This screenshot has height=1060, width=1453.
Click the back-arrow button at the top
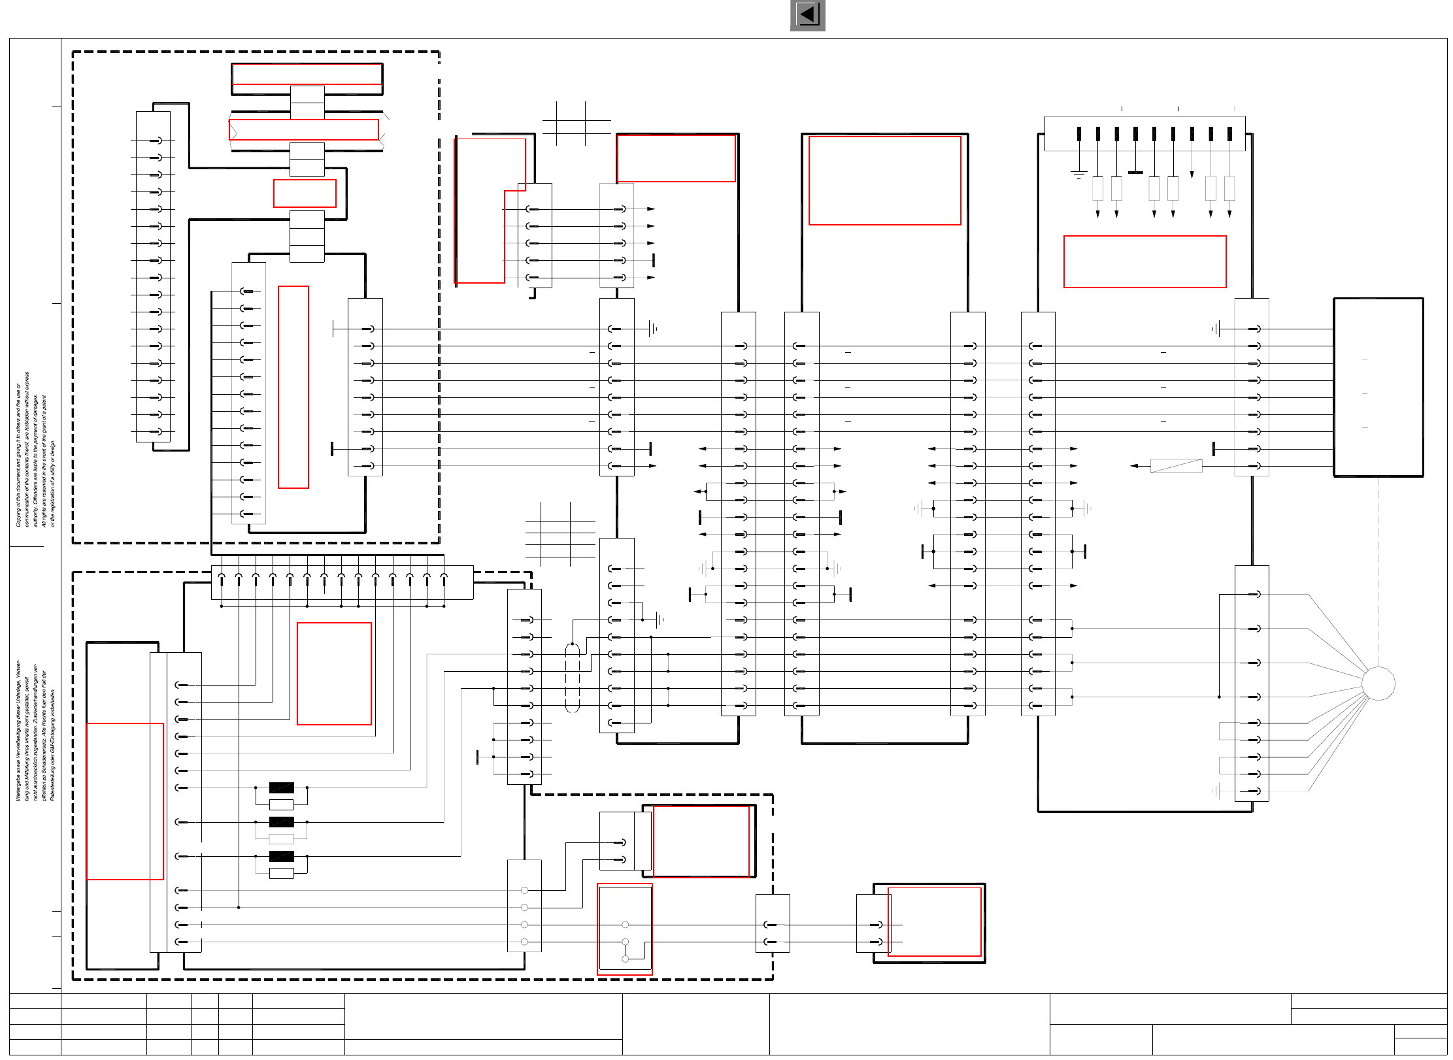(807, 15)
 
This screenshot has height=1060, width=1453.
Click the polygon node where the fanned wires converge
(1378, 684)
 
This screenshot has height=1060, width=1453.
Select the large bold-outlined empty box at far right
(1378, 387)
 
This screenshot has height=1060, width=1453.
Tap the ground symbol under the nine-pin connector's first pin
(1078, 174)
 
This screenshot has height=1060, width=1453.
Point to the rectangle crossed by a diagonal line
(1176, 466)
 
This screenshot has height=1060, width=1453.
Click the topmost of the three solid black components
(281, 787)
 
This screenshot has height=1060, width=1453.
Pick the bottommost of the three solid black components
(281, 856)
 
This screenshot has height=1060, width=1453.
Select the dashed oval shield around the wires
(572, 678)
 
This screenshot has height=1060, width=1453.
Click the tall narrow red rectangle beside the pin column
(293, 387)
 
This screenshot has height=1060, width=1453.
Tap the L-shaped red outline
(490, 210)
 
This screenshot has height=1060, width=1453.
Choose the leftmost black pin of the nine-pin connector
(1078, 134)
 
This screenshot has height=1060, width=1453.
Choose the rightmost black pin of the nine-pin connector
(1229, 134)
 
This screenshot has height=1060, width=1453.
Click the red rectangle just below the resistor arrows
(1144, 261)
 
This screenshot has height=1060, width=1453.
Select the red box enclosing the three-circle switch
(624, 929)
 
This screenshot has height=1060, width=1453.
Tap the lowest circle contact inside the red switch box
(626, 959)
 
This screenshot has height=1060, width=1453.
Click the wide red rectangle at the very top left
(307, 74)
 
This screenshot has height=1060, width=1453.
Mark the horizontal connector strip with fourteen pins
(342, 582)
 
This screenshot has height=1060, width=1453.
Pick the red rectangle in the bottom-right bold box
(935, 921)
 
